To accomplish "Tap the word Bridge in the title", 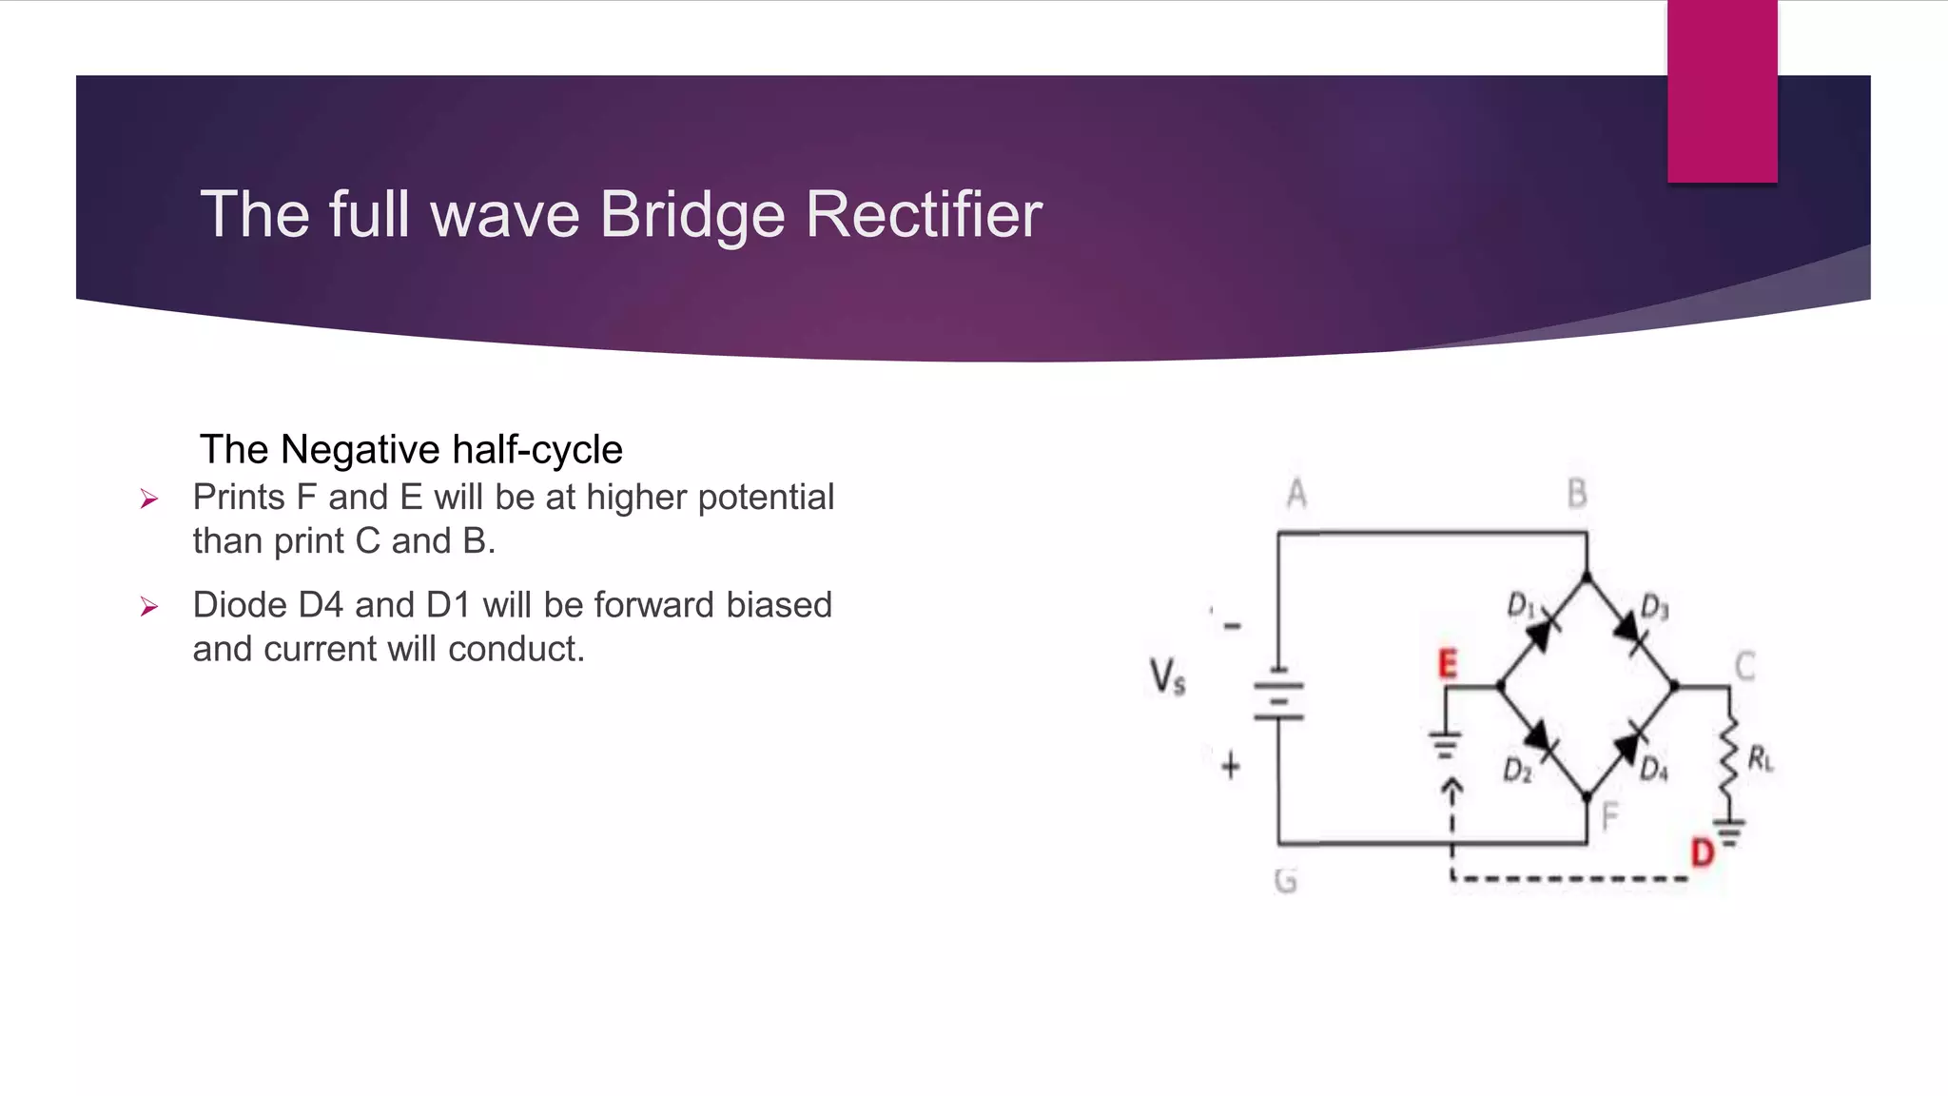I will coord(692,214).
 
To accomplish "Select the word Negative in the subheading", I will coord(360,449).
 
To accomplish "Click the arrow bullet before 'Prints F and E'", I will coord(148,499).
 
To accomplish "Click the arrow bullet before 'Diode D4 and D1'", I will coord(148,606).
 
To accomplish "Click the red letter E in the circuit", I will coord(1447,663).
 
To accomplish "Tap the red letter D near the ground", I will coord(1702,852).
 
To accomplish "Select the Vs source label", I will coord(1167,677).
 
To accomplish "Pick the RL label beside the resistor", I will coord(1761,759).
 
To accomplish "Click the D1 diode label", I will coord(1520,605).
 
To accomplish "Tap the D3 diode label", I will coord(1655,607).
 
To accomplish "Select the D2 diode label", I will coord(1517,770).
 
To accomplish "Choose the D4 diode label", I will coord(1654,769).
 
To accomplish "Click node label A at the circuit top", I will coord(1296,494).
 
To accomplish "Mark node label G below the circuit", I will coord(1285,881).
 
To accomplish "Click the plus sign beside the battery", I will coord(1231,765).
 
